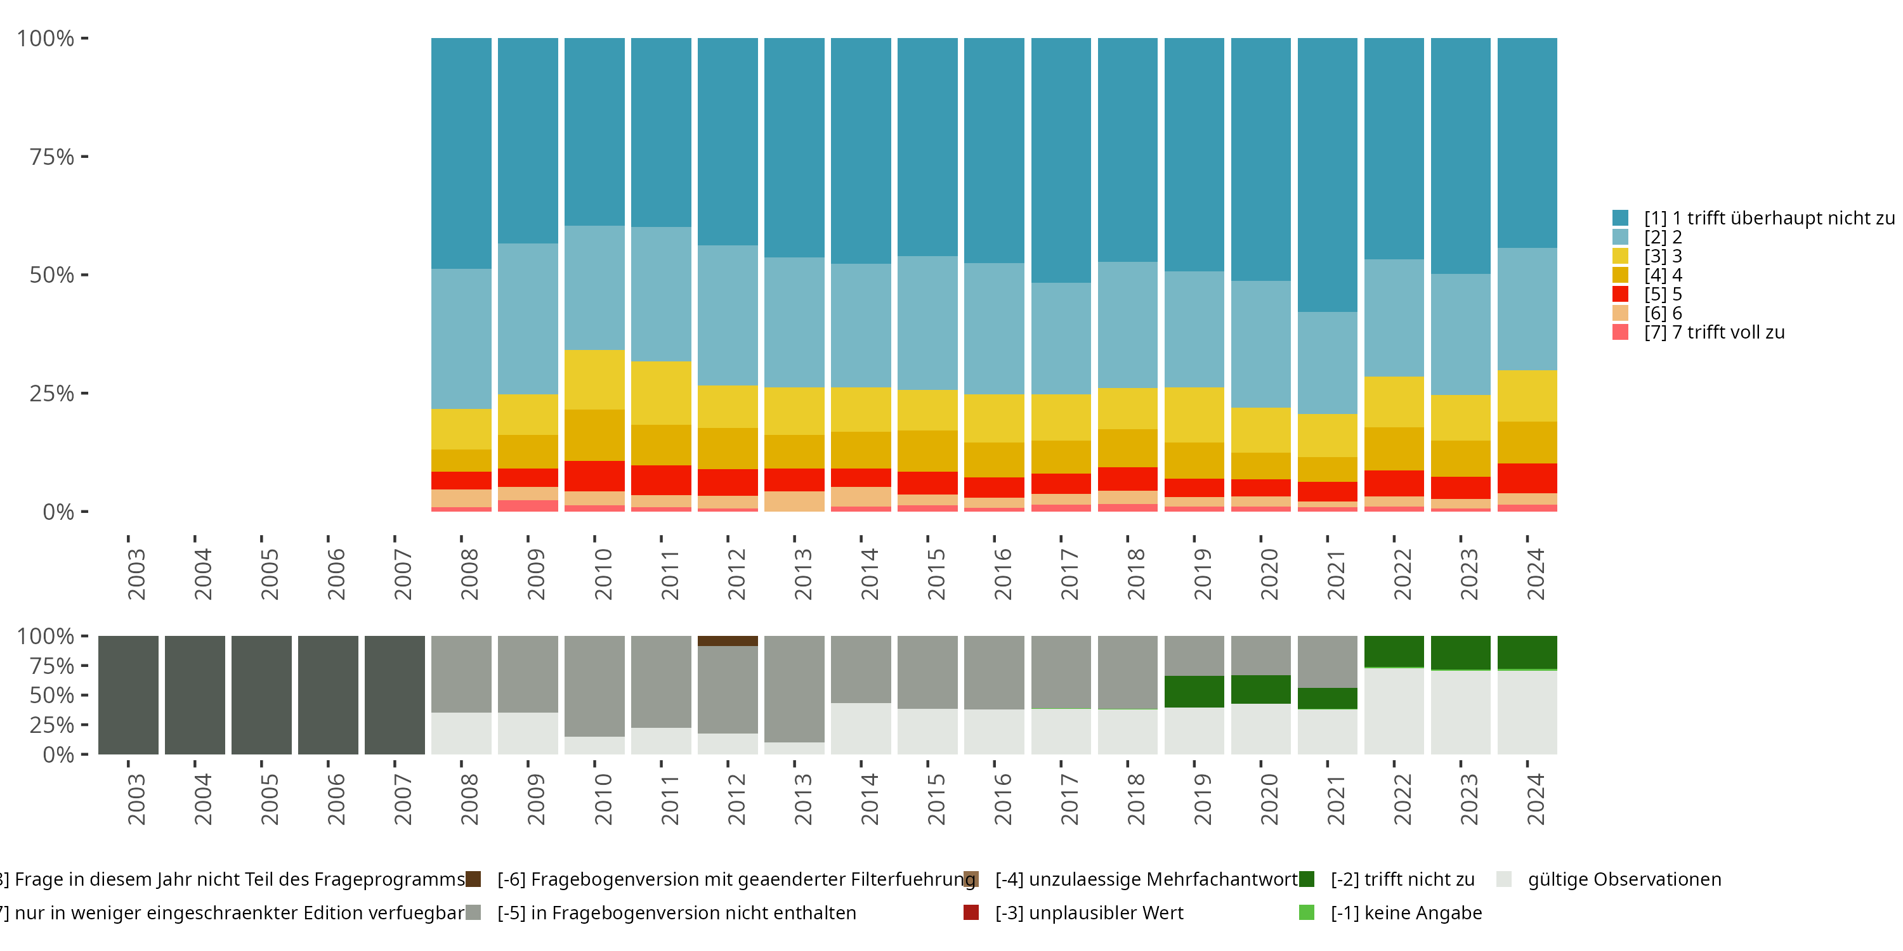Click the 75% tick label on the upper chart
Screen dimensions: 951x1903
point(52,157)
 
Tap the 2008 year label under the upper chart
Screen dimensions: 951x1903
point(469,574)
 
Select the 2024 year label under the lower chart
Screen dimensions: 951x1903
point(1535,799)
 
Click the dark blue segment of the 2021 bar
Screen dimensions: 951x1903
point(1327,174)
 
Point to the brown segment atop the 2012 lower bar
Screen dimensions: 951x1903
point(727,641)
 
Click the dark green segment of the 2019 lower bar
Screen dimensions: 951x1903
point(1193,691)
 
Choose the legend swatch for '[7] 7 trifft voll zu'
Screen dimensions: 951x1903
point(1620,332)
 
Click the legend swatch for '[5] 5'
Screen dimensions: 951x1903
point(1620,294)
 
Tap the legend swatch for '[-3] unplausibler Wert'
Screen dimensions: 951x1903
point(971,912)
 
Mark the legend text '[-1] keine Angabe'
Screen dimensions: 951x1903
point(1406,912)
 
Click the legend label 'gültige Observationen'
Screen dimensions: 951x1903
point(1624,879)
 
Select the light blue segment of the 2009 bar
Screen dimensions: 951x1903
point(528,318)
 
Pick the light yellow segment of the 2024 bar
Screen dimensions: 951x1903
point(1526,396)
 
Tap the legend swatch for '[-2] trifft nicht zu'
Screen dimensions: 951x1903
point(1306,879)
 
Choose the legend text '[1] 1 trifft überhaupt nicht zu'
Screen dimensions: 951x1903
point(1765,218)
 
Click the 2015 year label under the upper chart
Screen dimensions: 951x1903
point(935,574)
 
